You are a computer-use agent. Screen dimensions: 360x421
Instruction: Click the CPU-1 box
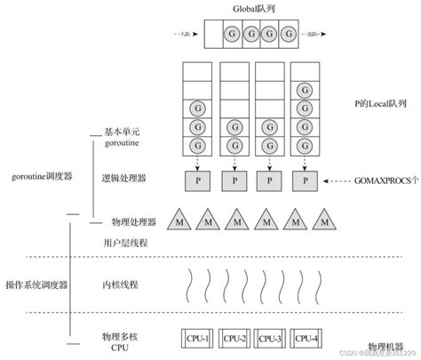click(197, 339)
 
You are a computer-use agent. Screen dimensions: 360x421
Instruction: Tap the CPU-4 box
click(308, 339)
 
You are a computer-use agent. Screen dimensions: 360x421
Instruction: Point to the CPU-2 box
click(235, 339)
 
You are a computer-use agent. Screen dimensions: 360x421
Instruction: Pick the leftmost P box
click(198, 180)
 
